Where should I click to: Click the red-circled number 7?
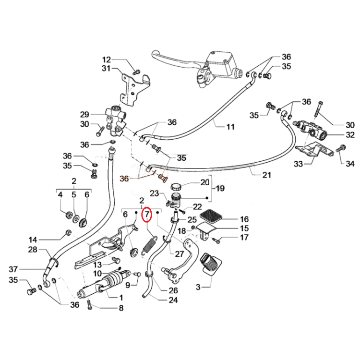147,215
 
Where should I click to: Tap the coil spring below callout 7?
149,245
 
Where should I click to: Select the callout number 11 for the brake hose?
230,127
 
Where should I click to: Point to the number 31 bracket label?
106,68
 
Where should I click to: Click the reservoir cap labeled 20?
176,186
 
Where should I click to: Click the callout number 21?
266,175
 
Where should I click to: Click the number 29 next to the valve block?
84,114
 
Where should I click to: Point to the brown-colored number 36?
124,179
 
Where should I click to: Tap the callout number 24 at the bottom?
173,300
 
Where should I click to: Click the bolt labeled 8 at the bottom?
90,304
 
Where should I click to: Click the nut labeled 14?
68,232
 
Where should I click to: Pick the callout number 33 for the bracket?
298,164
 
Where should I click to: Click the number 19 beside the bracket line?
220,189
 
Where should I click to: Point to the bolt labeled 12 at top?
136,72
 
